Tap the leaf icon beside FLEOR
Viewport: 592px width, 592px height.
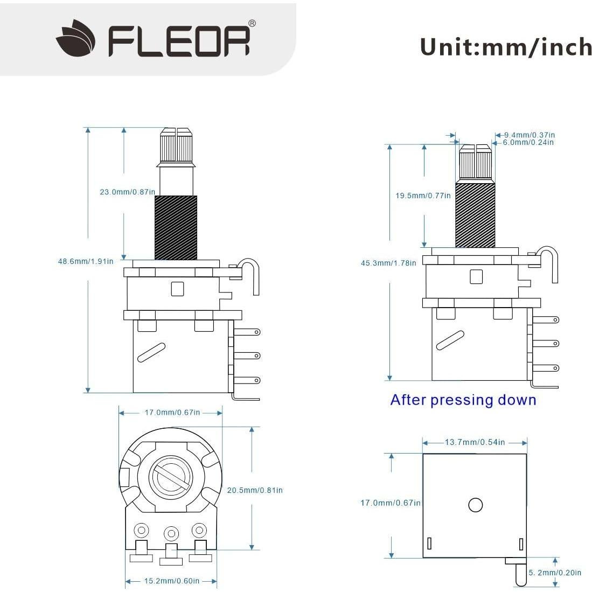pos(76,38)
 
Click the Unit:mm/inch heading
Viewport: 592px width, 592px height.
pos(505,47)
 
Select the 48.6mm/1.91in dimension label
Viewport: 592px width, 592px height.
pos(86,261)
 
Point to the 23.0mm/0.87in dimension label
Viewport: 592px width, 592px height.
pos(128,192)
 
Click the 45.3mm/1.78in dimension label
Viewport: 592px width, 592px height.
pos(388,263)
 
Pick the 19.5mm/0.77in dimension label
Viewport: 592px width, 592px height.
pos(423,196)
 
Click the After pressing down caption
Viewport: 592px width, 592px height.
pos(463,400)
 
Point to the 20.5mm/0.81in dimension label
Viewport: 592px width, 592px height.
pos(255,490)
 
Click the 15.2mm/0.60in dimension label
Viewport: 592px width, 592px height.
pos(171,581)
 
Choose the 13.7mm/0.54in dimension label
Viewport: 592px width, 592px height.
pos(475,442)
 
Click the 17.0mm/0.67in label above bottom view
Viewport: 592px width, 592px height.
pos(172,413)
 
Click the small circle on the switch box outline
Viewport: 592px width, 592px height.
pos(475,505)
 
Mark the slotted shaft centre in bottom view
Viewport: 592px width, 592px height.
pos(172,476)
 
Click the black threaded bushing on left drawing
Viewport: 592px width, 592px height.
pos(176,227)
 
